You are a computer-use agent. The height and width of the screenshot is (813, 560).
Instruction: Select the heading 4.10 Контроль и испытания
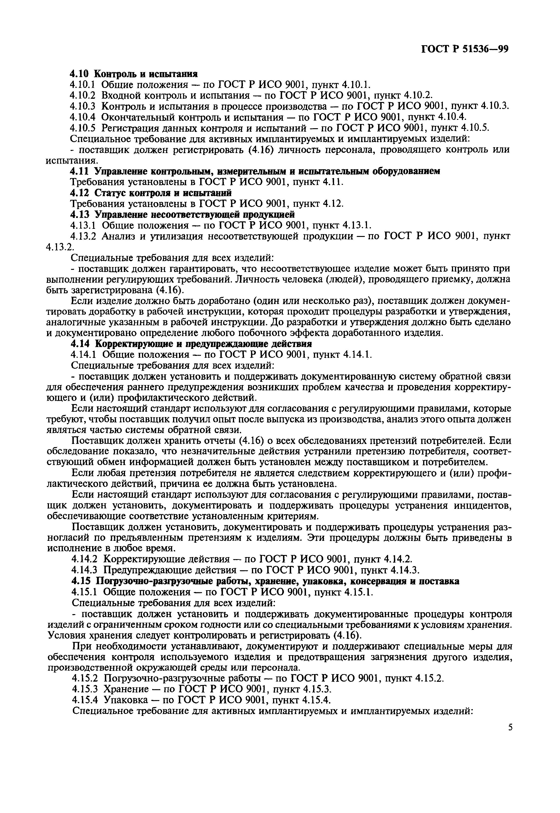click(x=134, y=74)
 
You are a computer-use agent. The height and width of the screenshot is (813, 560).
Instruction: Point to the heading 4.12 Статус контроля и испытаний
click(x=151, y=193)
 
